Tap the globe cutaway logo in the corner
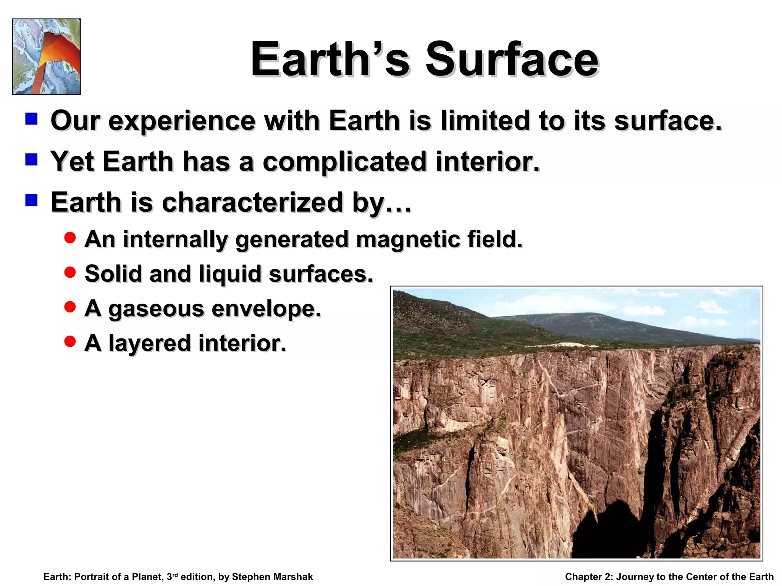[46, 56]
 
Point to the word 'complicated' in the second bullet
[344, 162]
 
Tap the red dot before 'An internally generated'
[70, 238]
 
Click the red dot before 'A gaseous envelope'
[70, 307]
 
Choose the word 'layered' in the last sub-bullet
[150, 343]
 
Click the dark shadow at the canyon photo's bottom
[607, 534]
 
